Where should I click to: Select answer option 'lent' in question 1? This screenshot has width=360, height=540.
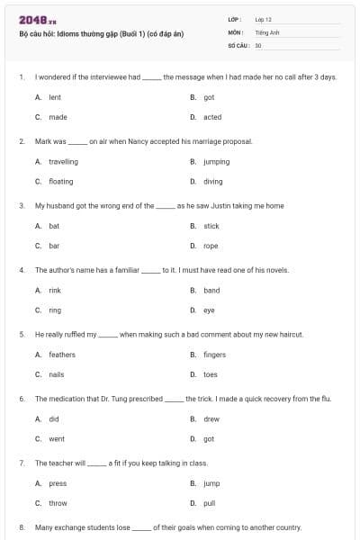tap(54, 97)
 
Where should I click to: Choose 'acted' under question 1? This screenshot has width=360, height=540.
tap(212, 117)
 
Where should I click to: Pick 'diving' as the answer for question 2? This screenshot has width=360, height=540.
tap(212, 181)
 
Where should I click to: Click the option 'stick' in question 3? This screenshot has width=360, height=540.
tap(211, 226)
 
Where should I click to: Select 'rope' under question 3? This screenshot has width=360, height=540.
tap(211, 246)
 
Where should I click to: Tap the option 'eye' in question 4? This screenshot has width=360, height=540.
tap(209, 310)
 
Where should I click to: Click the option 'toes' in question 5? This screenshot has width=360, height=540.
tap(211, 374)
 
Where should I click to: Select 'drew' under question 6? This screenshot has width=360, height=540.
tap(211, 419)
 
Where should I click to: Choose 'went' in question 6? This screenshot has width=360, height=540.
tap(56, 439)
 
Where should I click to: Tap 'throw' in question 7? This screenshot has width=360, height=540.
tap(58, 503)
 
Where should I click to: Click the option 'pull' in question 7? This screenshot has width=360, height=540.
tap(210, 503)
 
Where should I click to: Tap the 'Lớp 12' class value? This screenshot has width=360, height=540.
tap(263, 19)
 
